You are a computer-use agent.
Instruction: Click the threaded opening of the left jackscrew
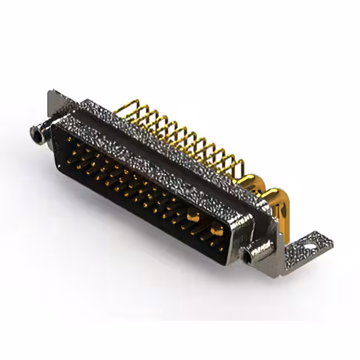point(37,134)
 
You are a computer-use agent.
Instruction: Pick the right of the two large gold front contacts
point(215,229)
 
